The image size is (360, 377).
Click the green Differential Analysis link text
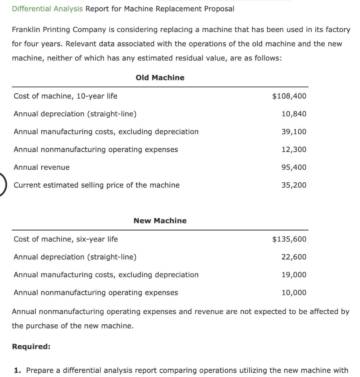pos(47,9)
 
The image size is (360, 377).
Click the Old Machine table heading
pos(160,78)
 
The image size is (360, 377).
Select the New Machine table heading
pos(160,221)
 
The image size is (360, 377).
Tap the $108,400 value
pos(289,96)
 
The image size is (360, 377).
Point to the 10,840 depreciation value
pos(293,114)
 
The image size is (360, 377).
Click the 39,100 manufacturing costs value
pos(293,132)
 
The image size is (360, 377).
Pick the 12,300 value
pos(293,149)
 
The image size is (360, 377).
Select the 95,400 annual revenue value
pos(293,167)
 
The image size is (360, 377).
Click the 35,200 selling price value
pos(293,185)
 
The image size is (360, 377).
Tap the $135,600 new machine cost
pos(289,239)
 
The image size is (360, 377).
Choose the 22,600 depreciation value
pos(293,257)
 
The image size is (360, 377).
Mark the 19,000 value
pos(293,275)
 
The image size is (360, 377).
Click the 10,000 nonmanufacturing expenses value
pos(293,293)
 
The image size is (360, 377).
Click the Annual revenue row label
pos(42,167)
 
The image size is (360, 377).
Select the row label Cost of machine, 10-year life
pos(65,96)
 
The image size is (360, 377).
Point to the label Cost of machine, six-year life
pos(66,239)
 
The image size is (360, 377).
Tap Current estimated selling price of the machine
pos(97,185)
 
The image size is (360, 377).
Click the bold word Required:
pos(31,346)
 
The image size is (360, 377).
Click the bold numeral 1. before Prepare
pos(17,370)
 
